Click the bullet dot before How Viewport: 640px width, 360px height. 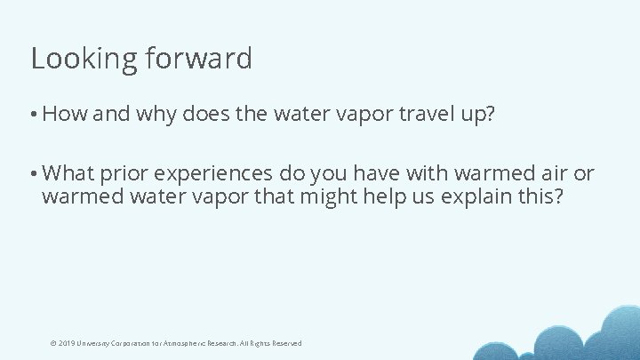pyautogui.click(x=34, y=114)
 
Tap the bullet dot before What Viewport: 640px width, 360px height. pyautogui.click(x=34, y=172)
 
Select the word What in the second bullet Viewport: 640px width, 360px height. pyautogui.click(x=66, y=172)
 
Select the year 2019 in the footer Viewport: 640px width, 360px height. pyautogui.click(x=68, y=343)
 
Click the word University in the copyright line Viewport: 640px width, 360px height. pyautogui.click(x=96, y=343)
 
